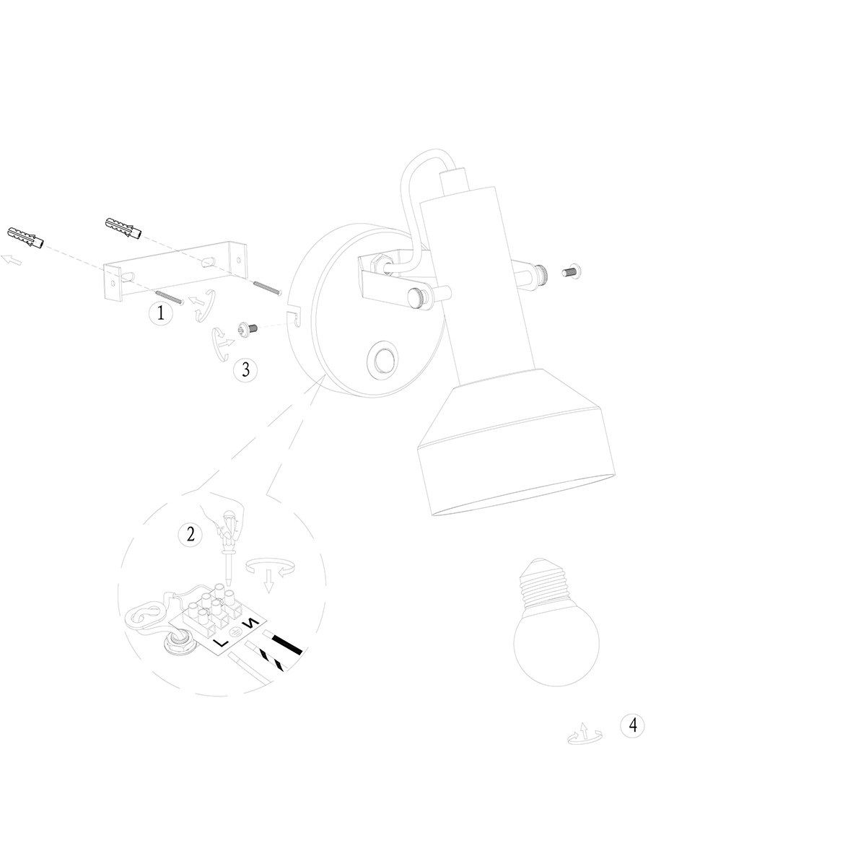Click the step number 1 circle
coord(161,312)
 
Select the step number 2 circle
coord(191,535)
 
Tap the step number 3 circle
coord(245,369)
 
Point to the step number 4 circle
coord(632,725)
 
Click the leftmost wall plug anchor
coord(25,237)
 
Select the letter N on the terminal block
coord(250,624)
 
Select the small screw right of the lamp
coord(572,271)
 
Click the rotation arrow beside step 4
coord(584,735)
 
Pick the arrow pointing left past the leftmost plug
coord(12,259)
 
